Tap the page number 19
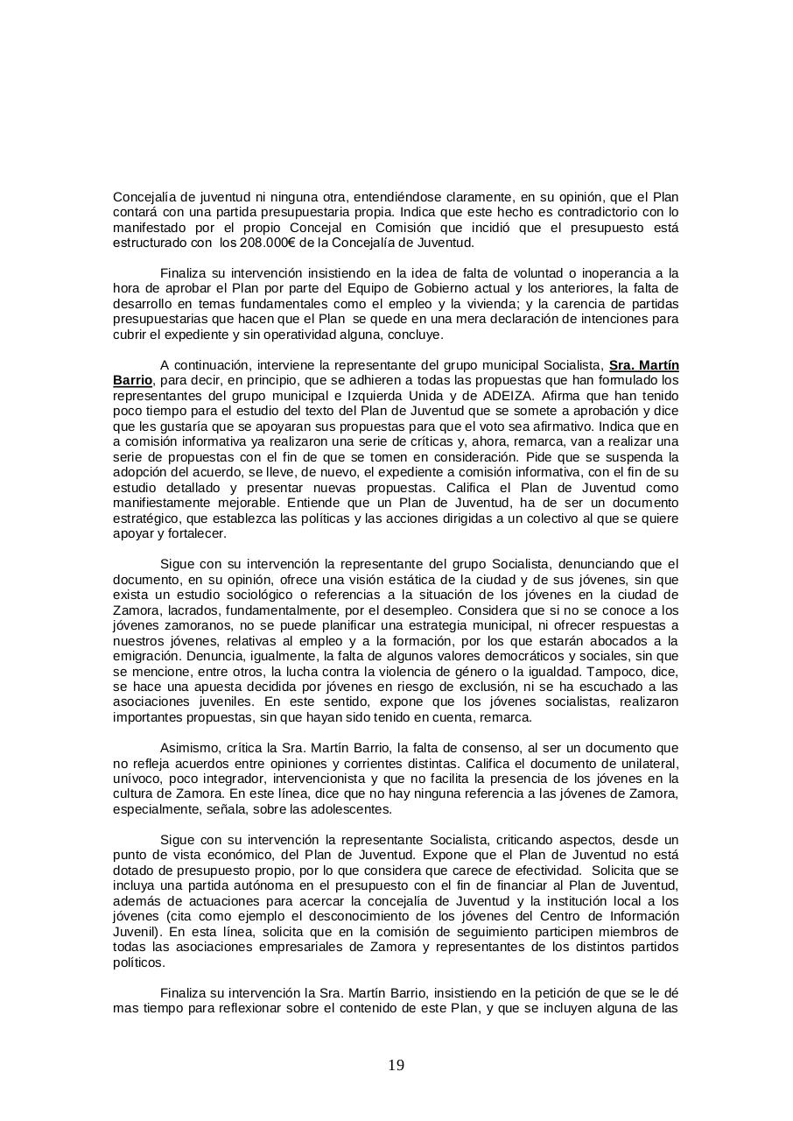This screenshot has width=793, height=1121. coord(396,1066)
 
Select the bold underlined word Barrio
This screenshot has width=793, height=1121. coord(132,380)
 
